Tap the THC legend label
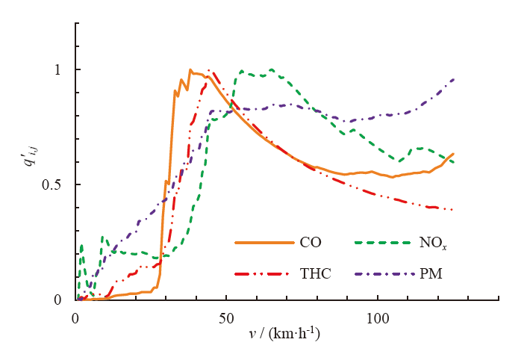pos(315,274)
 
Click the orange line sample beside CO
pos(264,242)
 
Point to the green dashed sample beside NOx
pos(382,242)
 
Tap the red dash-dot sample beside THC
pos(264,274)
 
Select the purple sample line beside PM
pos(382,274)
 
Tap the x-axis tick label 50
pos(226,316)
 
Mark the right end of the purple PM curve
pos(454,78)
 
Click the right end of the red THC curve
pos(453,210)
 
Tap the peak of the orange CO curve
pos(190,69)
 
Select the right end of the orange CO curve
pos(453,154)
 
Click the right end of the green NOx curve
pos(454,162)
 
